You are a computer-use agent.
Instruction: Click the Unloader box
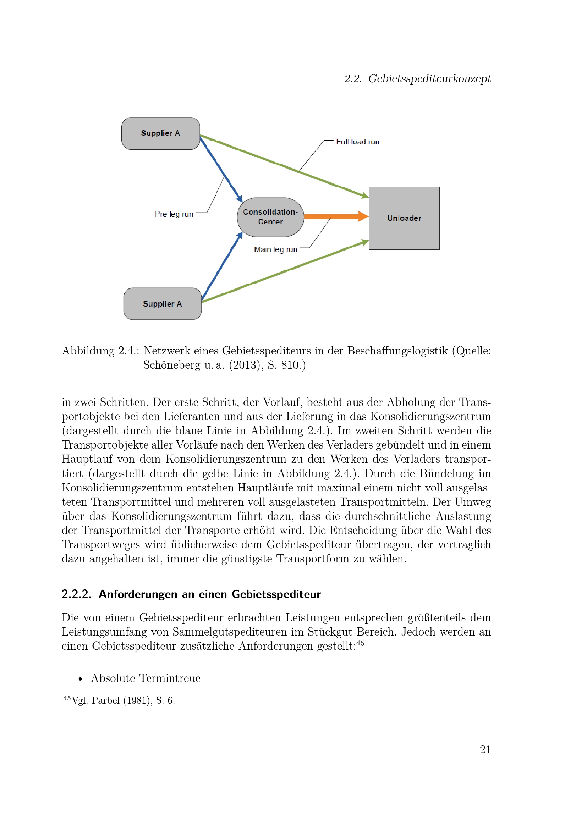[404, 218]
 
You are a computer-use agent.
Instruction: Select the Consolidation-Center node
[270, 217]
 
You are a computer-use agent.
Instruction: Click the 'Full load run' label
[357, 142]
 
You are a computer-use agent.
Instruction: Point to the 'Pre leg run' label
[174, 214]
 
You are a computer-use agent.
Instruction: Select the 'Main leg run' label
[275, 249]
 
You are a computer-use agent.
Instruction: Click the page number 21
[485, 749]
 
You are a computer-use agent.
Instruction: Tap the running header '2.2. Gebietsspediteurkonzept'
[417, 78]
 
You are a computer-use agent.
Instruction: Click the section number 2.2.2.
[76, 594]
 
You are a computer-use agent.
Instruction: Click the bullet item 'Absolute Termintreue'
[145, 678]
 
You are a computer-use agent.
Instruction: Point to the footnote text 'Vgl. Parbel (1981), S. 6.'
[123, 700]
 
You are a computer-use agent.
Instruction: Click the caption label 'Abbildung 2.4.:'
[100, 351]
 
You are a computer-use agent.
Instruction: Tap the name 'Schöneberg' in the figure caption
[172, 365]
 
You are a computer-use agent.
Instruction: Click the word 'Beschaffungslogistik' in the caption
[397, 351]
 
